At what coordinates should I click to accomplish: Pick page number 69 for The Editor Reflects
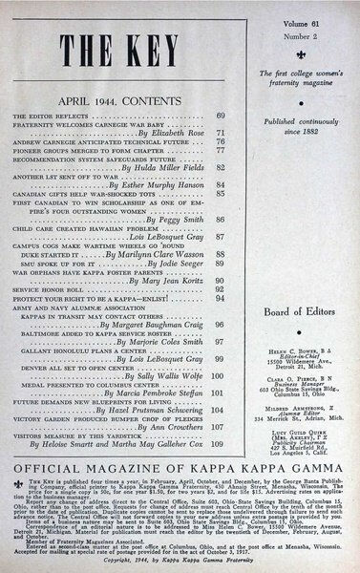pyautogui.click(x=220, y=116)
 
